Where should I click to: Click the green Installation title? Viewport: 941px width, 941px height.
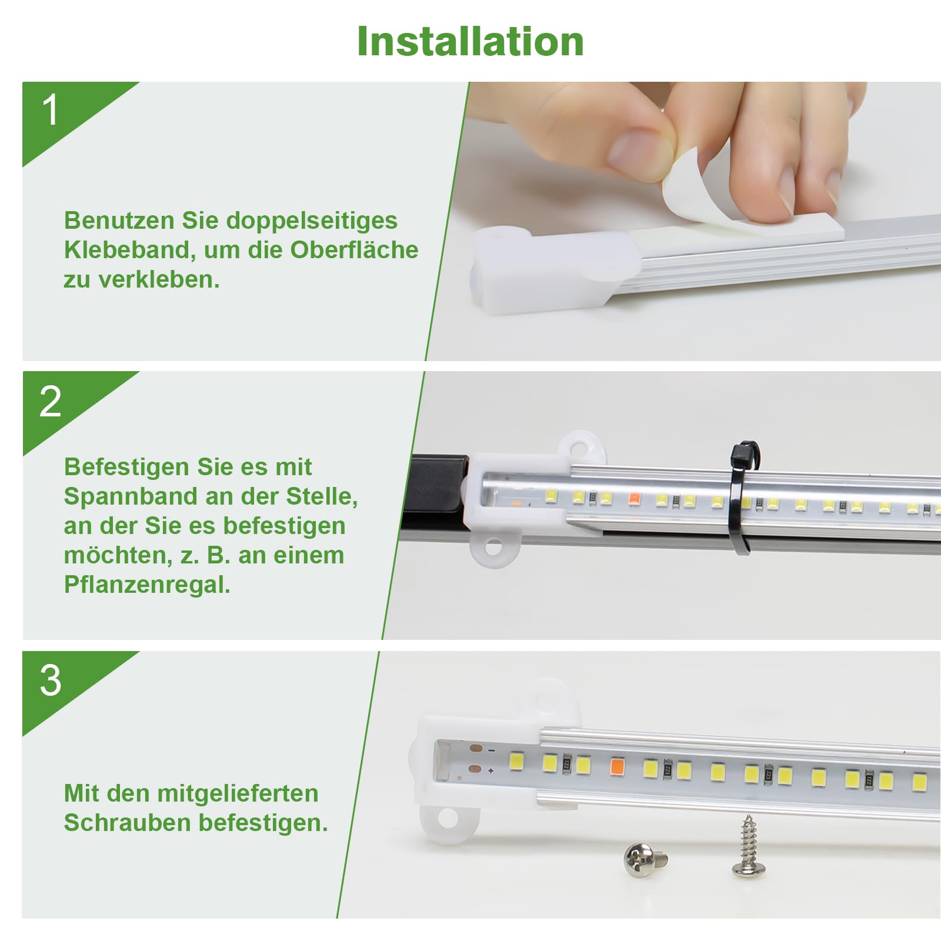470,42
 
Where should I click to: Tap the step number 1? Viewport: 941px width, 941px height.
51,110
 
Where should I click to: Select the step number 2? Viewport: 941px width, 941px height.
51,402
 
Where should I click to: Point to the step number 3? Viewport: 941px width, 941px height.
51,680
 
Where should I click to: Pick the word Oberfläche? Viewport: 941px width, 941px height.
354,250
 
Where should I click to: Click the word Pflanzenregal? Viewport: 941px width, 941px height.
147,585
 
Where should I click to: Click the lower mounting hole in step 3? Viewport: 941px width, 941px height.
448,818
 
